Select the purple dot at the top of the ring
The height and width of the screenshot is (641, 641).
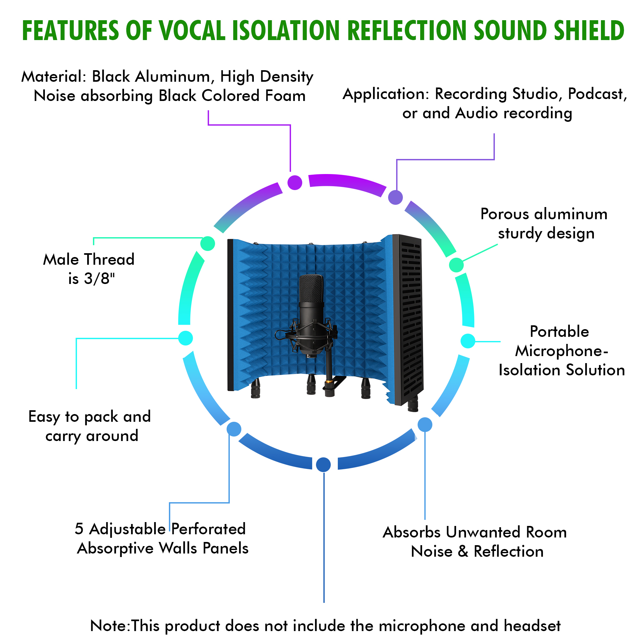click(x=295, y=182)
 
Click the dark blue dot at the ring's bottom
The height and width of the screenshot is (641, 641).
click(x=323, y=464)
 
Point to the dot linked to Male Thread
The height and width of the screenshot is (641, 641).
click(x=208, y=244)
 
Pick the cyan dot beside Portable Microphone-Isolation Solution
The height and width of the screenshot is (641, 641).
click(x=468, y=341)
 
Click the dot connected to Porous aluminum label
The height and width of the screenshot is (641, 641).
click(x=456, y=265)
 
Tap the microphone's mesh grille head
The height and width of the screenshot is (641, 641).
click(x=311, y=289)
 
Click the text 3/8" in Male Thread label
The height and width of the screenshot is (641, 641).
click(x=100, y=279)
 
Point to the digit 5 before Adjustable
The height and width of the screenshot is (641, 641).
click(x=79, y=529)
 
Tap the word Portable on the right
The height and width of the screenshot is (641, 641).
click(x=559, y=331)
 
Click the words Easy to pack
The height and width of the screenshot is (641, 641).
click(x=73, y=417)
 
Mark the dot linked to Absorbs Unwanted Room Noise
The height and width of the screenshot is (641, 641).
click(x=425, y=425)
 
